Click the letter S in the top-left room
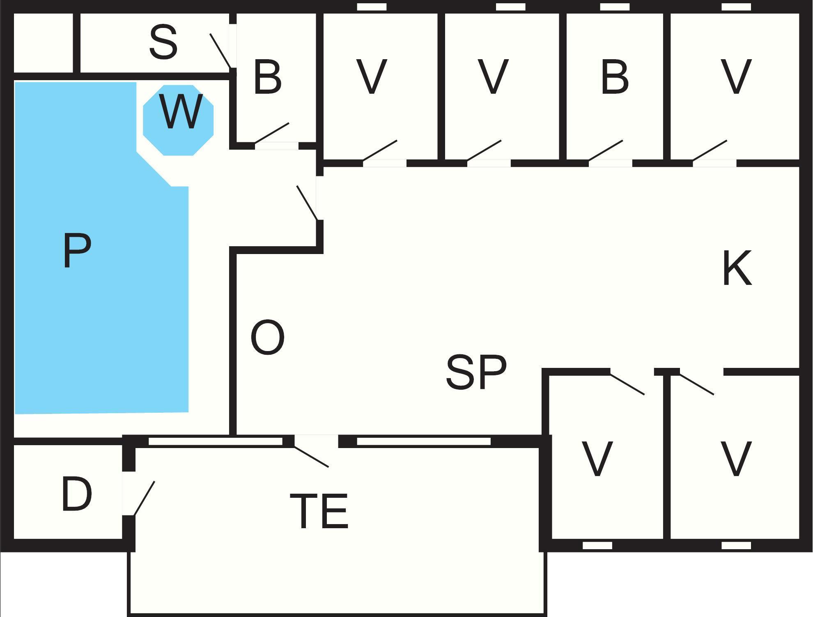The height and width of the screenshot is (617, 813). (163, 42)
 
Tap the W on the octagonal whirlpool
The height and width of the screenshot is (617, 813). (180, 112)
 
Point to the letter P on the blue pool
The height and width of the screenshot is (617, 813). (77, 251)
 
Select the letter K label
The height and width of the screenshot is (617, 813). (737, 268)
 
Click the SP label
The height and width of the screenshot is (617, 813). (476, 372)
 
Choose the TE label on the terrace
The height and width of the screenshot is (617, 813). (319, 511)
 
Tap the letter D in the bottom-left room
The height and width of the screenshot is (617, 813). (77, 495)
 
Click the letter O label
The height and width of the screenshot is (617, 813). (267, 337)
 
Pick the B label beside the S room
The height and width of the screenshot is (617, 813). (268, 77)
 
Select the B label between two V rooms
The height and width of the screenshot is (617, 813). (615, 77)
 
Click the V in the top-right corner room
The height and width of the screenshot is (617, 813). (736, 77)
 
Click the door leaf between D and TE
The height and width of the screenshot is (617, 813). (144, 498)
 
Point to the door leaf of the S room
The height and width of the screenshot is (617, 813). (220, 51)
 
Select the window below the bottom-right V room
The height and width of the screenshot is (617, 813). (736, 545)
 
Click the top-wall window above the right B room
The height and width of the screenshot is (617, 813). (615, 7)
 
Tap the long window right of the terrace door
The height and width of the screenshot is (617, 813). (424, 441)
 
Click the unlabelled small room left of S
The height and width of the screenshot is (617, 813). (44, 43)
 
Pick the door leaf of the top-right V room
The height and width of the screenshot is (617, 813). (710, 150)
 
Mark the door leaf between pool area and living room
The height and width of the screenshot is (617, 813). (307, 203)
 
